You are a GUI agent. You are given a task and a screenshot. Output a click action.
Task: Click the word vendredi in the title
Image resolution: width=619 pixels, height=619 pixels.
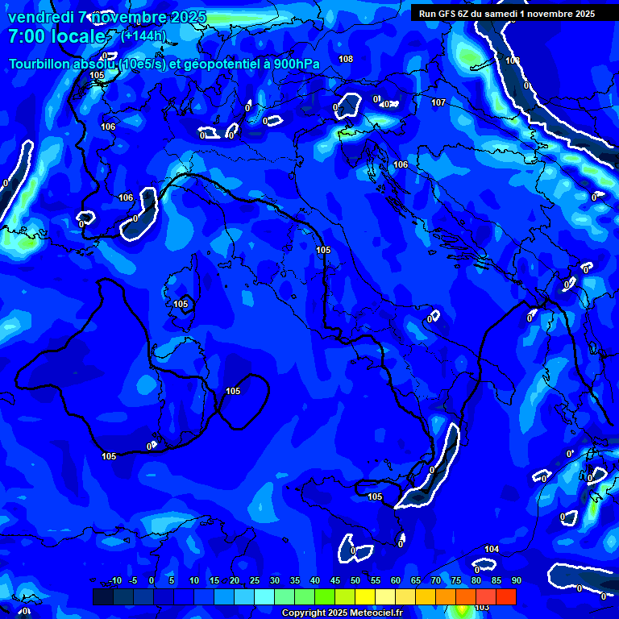[39, 18]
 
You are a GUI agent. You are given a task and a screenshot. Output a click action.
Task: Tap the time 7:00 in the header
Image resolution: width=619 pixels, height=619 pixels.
[26, 37]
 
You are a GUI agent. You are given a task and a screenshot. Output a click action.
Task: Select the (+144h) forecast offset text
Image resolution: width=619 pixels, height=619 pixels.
[143, 35]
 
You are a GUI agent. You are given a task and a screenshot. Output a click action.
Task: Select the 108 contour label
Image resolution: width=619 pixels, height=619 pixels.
[346, 59]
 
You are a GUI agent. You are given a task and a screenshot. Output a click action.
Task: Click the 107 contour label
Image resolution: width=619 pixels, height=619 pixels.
[438, 102]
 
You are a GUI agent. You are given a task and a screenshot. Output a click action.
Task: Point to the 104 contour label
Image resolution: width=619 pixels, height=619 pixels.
[492, 549]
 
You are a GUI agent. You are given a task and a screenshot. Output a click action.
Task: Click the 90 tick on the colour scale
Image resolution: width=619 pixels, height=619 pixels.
[516, 581]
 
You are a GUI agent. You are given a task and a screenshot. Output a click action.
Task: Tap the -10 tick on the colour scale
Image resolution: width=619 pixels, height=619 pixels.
[114, 581]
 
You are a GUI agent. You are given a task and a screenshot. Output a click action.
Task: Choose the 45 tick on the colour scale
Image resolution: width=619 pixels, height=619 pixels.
[335, 581]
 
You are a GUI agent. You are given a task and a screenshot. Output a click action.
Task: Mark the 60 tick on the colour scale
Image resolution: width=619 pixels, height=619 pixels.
[396, 581]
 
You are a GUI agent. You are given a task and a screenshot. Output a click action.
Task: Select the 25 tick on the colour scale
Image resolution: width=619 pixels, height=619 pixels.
[255, 581]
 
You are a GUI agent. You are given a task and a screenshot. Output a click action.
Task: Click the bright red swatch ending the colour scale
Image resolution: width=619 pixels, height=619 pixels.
[505, 596]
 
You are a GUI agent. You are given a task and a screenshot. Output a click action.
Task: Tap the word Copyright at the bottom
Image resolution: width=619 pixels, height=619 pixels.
[303, 613]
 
